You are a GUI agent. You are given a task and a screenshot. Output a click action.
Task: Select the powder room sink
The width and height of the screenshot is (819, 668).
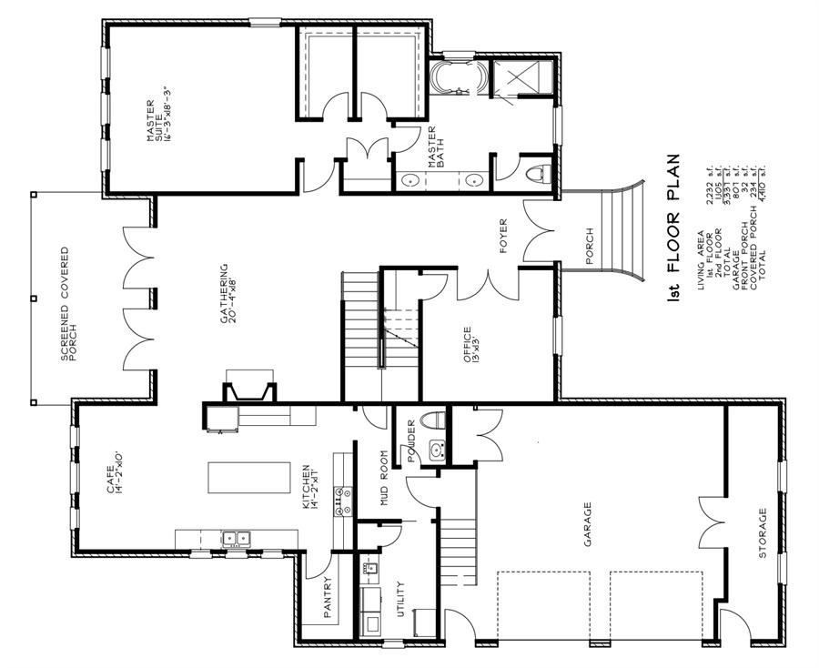click(436, 450)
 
